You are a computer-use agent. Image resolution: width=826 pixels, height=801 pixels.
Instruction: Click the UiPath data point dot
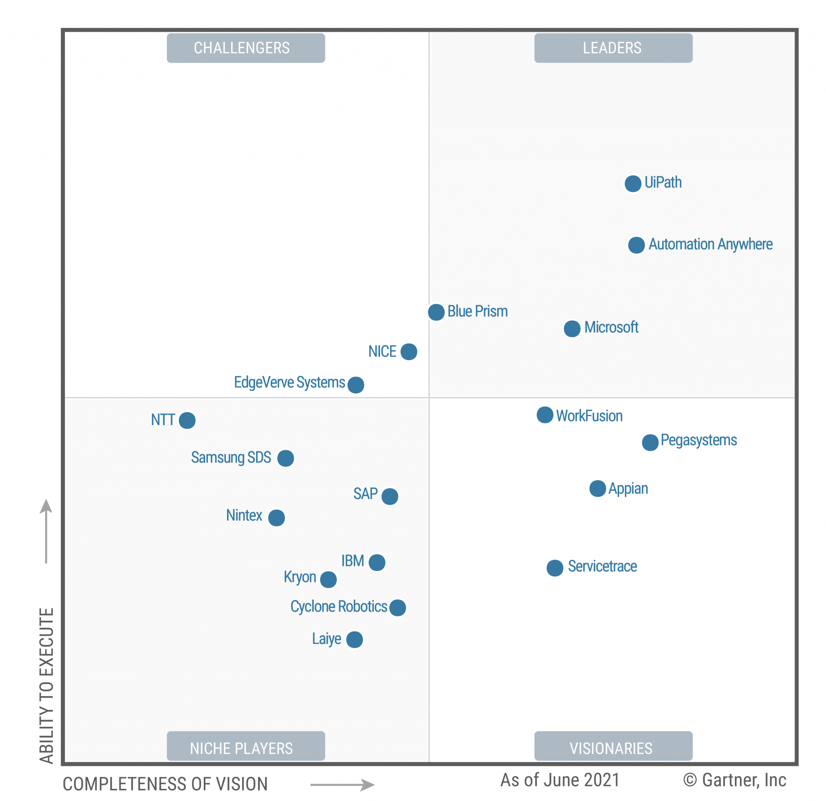pyautogui.click(x=632, y=184)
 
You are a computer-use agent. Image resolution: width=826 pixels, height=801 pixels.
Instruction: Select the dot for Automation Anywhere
pyautogui.click(x=636, y=245)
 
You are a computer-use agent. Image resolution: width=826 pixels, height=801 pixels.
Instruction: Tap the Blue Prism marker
pyautogui.click(x=436, y=312)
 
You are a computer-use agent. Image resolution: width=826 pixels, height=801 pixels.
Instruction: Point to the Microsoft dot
pyautogui.click(x=572, y=329)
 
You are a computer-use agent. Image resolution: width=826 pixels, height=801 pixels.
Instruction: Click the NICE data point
pyautogui.click(x=409, y=351)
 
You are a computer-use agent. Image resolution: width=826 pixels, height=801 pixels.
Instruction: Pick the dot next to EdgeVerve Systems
pyautogui.click(x=356, y=385)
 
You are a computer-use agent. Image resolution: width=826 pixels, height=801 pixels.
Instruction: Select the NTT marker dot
pyautogui.click(x=187, y=420)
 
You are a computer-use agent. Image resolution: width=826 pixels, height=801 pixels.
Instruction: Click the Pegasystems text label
pyautogui.click(x=698, y=440)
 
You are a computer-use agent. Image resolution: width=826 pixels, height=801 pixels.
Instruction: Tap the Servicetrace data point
pyautogui.click(x=555, y=568)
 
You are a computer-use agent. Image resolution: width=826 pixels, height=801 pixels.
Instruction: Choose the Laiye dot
pyautogui.click(x=355, y=640)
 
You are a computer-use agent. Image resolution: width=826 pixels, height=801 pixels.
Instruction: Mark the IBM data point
pyautogui.click(x=377, y=563)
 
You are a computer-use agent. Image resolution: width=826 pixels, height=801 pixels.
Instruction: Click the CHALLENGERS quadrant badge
pyautogui.click(x=246, y=48)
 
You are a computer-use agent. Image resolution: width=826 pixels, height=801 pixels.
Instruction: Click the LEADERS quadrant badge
pyautogui.click(x=613, y=48)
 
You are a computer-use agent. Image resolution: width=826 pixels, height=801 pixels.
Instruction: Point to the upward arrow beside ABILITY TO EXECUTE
pyautogui.click(x=46, y=531)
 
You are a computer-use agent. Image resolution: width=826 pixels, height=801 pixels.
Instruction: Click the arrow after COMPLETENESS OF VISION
pyautogui.click(x=342, y=784)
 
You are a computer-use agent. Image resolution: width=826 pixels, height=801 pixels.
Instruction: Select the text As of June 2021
pyautogui.click(x=560, y=780)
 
